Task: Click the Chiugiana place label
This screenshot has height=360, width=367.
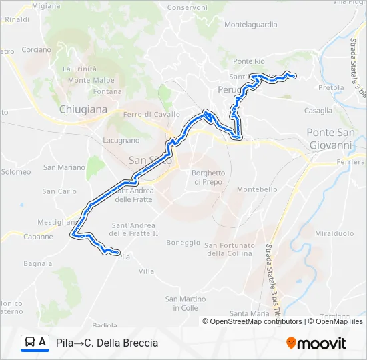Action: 83,109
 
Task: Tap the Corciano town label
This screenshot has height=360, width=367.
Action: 36,49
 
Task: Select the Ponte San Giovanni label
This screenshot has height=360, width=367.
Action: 330,139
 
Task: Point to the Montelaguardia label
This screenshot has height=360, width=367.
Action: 250,25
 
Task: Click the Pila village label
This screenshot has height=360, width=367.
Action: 123,256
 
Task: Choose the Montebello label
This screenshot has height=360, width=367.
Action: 257,189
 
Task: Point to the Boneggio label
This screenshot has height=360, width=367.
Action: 183,243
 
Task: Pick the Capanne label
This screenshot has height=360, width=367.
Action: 38,237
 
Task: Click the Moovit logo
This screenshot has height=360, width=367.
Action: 316,343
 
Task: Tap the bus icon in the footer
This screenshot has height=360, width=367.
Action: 30,343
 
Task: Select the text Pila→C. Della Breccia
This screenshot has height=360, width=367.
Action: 107,343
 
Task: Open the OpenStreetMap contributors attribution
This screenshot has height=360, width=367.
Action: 255,321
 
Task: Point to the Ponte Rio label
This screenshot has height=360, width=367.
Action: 249,61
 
